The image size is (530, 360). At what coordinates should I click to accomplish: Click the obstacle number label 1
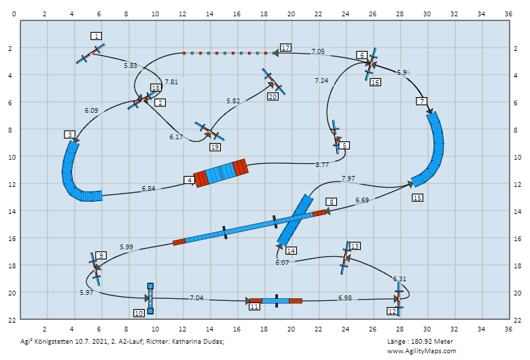(96, 36)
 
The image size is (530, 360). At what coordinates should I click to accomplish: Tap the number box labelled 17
(285, 48)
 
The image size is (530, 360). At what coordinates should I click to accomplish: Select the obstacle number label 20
(272, 96)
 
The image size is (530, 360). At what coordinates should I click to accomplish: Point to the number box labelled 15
(417, 198)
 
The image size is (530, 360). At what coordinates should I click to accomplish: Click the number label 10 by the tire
(139, 313)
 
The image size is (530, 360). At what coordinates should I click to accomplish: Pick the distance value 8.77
(322, 165)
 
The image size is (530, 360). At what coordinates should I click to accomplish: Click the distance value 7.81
(171, 82)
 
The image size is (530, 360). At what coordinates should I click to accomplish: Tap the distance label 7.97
(348, 178)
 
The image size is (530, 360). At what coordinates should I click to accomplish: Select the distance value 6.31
(399, 279)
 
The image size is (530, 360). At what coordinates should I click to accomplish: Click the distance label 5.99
(126, 247)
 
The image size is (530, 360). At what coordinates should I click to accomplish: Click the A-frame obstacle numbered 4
(221, 173)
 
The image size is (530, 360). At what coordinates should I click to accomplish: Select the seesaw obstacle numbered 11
(276, 301)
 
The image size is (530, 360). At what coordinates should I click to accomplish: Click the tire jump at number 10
(150, 299)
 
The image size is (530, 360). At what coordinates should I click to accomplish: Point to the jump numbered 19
(210, 132)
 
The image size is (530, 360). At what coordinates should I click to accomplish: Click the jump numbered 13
(345, 257)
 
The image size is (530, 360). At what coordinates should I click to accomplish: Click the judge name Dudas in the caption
(214, 342)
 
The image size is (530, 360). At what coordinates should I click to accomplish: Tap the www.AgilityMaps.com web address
(421, 351)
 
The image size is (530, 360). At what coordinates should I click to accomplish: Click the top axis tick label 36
(508, 14)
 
